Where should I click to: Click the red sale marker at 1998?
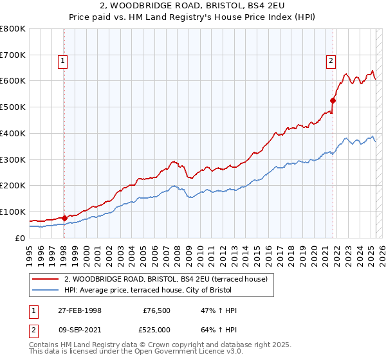64,218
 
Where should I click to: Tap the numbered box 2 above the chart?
331,61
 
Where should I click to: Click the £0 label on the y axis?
20,238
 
